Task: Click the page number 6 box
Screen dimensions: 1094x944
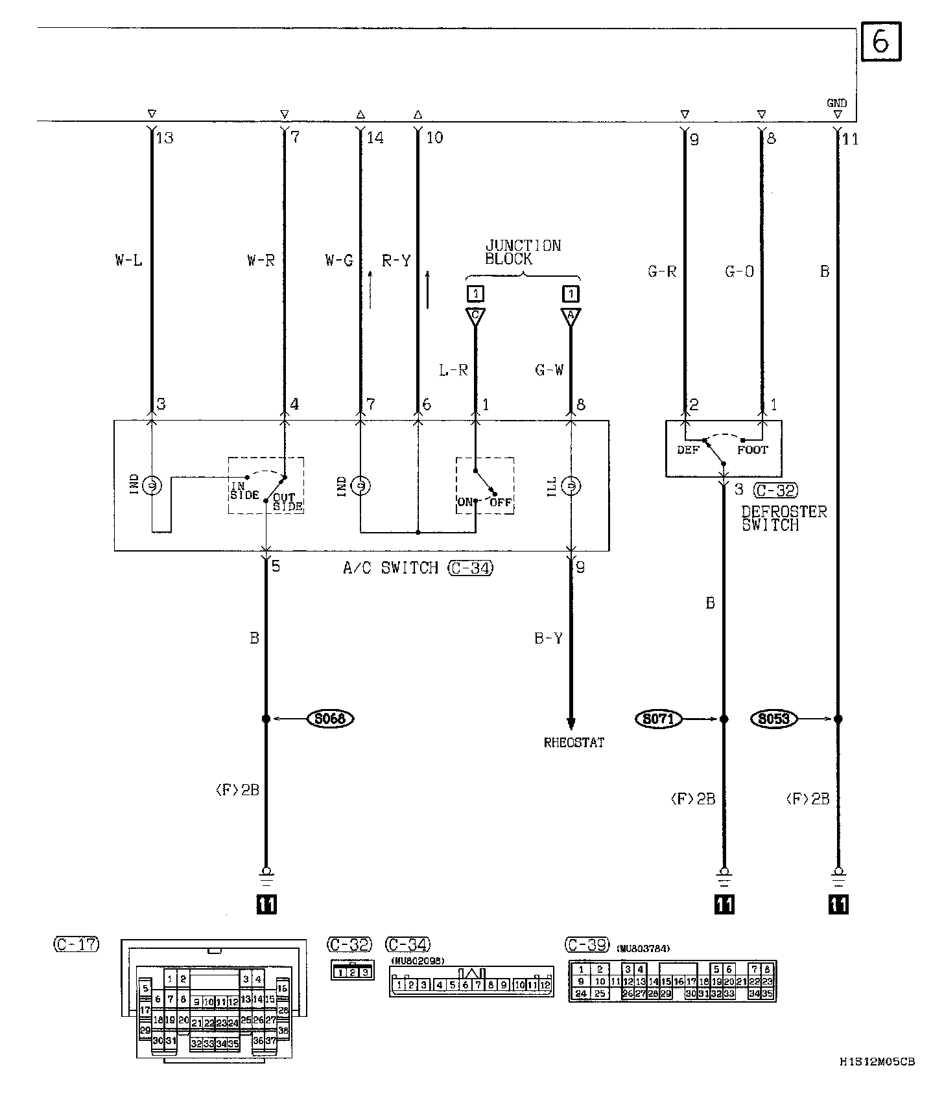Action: (x=880, y=42)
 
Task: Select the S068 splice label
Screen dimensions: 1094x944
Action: (x=330, y=718)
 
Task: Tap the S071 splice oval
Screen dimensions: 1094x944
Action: (x=659, y=718)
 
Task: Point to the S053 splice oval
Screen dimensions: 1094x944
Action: (x=774, y=718)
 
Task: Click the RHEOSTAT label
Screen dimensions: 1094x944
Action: (x=574, y=743)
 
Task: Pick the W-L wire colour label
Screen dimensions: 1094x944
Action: (x=128, y=261)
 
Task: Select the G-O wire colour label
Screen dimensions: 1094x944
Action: (x=739, y=271)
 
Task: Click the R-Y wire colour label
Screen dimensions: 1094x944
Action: (x=396, y=261)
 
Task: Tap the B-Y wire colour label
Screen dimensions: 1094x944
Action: (x=549, y=638)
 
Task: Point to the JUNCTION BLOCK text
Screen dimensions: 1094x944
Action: (x=523, y=252)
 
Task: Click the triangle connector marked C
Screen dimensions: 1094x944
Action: (x=475, y=316)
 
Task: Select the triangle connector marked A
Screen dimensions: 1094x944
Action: (x=571, y=316)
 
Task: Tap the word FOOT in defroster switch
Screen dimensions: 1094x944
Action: (x=752, y=450)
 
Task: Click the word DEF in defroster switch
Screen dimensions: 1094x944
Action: (x=688, y=450)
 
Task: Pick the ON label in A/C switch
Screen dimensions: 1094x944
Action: (x=465, y=502)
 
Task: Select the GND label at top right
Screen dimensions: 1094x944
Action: (x=836, y=103)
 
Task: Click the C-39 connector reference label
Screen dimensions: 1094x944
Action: (x=587, y=945)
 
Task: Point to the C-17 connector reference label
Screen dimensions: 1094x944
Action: (x=76, y=944)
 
